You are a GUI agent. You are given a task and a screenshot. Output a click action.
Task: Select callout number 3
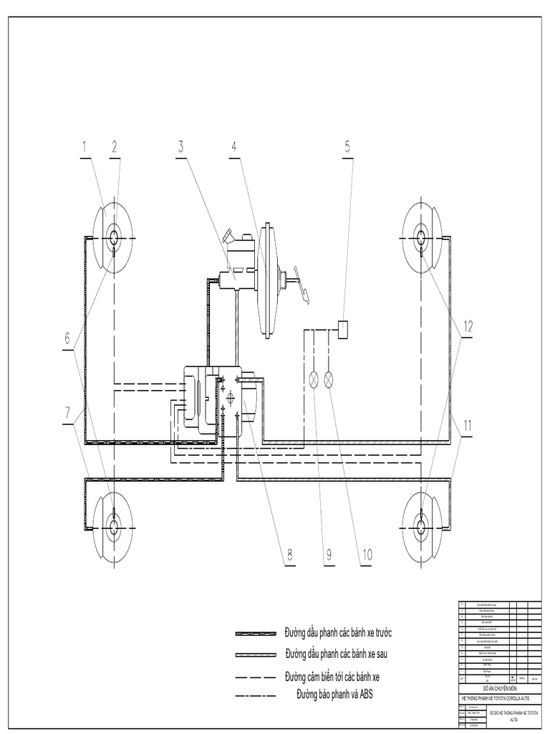tap(182, 148)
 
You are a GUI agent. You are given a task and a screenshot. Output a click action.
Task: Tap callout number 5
tap(347, 148)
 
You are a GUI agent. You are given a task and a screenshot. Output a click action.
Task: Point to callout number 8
tap(289, 554)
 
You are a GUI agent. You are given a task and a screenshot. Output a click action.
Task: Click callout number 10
tap(367, 554)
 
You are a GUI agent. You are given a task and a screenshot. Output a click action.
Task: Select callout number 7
tap(69, 414)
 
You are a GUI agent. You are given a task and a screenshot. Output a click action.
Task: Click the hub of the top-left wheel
tap(114, 237)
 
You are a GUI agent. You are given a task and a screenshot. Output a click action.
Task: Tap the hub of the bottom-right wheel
tap(421, 525)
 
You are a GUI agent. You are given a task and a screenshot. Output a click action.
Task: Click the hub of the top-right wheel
tap(421, 237)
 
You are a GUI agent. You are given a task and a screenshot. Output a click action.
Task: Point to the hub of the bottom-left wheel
tap(114, 525)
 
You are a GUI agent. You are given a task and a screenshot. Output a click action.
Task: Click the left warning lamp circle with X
tap(313, 380)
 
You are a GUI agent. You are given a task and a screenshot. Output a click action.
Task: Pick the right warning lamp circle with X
tap(329, 380)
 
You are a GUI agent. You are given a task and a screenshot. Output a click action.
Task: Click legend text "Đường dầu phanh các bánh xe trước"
tap(338, 633)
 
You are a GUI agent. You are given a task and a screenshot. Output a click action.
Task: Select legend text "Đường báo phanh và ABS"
tap(335, 693)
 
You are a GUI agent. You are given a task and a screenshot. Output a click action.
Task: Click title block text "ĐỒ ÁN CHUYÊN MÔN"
tap(498, 687)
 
